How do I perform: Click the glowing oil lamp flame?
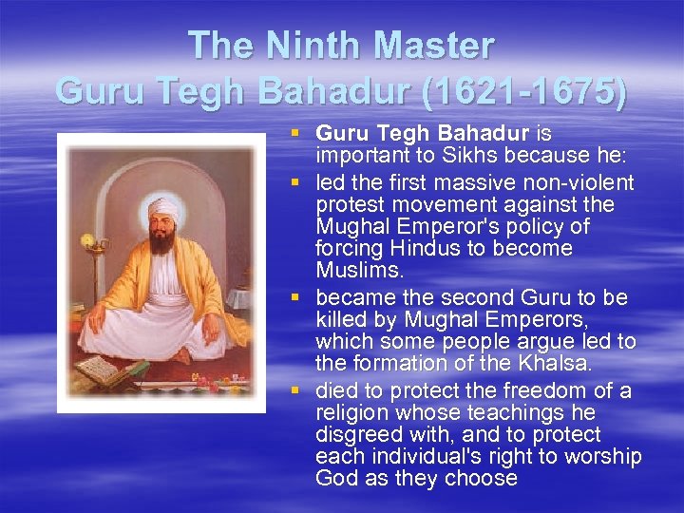tap(89, 240)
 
